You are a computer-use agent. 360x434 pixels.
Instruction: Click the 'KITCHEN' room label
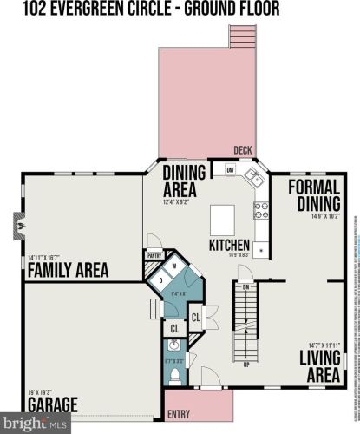coord(229,245)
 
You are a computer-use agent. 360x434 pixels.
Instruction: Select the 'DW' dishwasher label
coord(230,170)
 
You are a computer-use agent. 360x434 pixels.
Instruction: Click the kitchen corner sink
coord(254,178)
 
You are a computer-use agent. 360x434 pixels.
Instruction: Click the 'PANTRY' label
coord(155,255)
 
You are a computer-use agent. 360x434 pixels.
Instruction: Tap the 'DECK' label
coord(244,148)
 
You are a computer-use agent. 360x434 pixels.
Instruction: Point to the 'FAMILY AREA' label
coord(68,270)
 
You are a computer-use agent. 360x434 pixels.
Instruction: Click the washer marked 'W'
coord(173,266)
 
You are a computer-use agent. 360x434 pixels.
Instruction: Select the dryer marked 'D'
coord(160,280)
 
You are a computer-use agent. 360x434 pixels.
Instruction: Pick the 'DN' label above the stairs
coord(246,286)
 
